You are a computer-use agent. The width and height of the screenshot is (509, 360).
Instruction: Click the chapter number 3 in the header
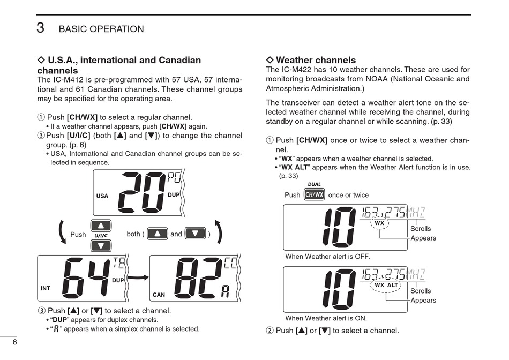(40, 28)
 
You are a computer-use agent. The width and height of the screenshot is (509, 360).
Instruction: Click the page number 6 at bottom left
(15, 342)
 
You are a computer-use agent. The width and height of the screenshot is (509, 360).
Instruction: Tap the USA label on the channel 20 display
(102, 196)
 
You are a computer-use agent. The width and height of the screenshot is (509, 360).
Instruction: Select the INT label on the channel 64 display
(46, 288)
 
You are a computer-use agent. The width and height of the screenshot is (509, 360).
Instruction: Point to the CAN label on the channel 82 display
(159, 295)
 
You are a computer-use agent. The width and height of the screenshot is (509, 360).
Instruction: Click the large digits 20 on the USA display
(141, 193)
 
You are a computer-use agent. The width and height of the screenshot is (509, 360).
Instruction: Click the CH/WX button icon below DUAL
(314, 194)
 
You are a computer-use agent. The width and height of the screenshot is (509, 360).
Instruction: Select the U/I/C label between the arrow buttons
(101, 236)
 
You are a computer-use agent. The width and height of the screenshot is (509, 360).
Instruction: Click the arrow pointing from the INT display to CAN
(138, 278)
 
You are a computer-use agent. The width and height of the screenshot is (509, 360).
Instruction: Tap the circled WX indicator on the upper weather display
(379, 223)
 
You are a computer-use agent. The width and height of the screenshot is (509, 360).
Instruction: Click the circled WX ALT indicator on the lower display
(386, 285)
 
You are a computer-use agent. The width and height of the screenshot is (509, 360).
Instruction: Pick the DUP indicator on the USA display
(174, 195)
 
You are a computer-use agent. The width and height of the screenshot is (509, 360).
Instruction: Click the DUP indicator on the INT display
(118, 280)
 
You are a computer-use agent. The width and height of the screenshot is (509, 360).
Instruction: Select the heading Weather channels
(315, 60)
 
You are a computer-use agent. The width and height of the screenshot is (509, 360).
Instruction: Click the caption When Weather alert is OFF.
(327, 257)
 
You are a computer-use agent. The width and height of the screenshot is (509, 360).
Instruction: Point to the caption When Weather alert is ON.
(326, 318)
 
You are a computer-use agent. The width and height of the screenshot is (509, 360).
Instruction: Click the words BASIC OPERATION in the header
(101, 29)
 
